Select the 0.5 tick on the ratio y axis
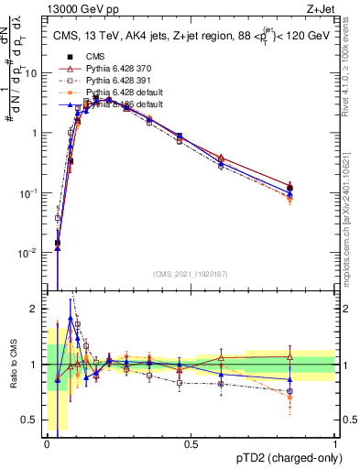point(32,420)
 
